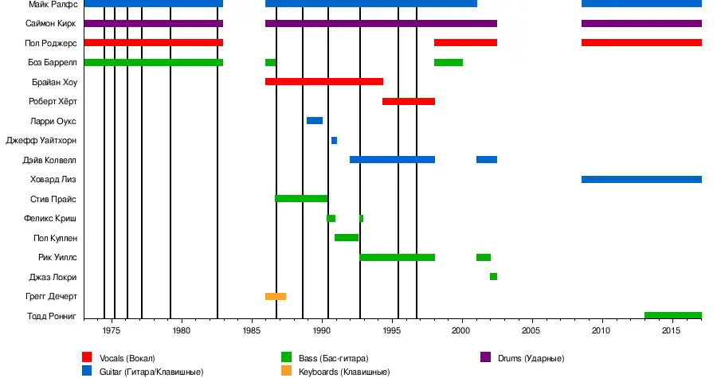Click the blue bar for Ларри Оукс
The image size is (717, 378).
click(x=314, y=121)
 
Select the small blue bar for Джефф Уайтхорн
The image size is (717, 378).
click(x=334, y=140)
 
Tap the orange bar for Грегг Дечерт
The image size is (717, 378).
click(x=276, y=296)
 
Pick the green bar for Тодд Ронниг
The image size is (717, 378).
click(x=672, y=316)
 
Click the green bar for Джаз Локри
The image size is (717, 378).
click(x=493, y=277)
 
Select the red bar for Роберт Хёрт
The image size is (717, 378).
click(x=409, y=101)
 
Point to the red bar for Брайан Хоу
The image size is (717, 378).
click(x=324, y=82)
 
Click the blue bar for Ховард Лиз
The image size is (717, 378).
click(x=641, y=179)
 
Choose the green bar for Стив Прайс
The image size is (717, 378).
click(x=301, y=199)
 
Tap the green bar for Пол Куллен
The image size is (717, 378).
click(x=347, y=238)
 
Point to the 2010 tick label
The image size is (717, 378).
click(x=601, y=329)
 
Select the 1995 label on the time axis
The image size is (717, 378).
click(x=391, y=329)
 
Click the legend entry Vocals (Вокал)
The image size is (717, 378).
click(x=127, y=357)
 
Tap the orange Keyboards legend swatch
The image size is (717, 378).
click(x=286, y=371)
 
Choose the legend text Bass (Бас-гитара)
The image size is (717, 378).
click(x=334, y=357)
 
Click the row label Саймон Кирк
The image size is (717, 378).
click(x=52, y=24)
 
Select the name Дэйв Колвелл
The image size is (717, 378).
click(x=50, y=160)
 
